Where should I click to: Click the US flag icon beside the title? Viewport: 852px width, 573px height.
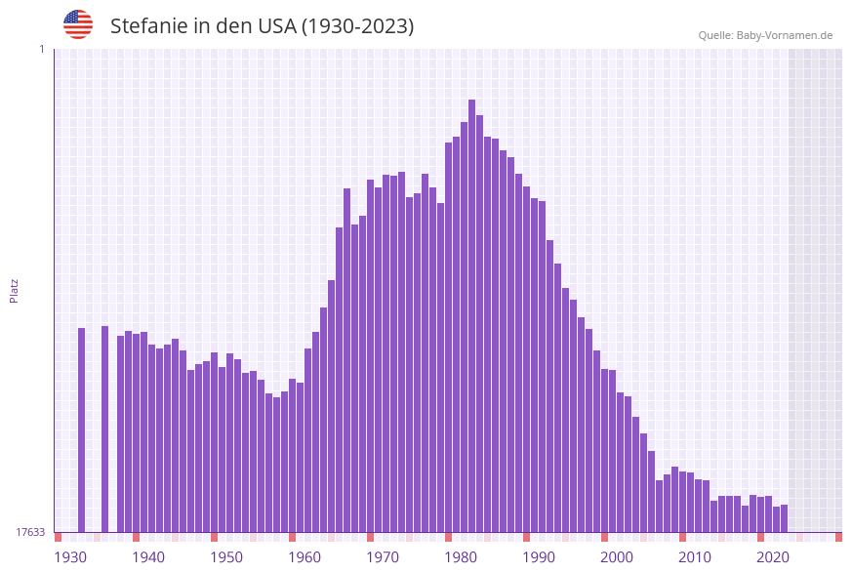(78, 24)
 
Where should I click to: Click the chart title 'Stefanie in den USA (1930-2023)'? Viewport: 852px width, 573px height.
(262, 26)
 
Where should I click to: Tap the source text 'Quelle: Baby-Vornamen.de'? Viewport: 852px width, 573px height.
(765, 35)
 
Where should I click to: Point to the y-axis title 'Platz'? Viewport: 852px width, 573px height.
(14, 290)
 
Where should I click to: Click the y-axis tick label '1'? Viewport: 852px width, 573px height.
(41, 49)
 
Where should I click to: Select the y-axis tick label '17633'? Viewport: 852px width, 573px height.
(30, 532)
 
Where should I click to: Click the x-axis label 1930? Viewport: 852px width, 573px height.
(69, 557)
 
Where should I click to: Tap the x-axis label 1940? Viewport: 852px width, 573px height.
(148, 557)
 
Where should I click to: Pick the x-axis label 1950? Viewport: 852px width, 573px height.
(226, 557)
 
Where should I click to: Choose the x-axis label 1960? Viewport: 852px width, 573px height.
(304, 557)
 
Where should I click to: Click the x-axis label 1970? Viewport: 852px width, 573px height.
(383, 557)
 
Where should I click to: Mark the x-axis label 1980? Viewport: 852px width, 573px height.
(461, 557)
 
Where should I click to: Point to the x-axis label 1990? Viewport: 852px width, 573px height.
(539, 557)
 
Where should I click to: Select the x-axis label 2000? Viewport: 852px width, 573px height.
(617, 557)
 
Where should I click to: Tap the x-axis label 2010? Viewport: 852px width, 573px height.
(695, 557)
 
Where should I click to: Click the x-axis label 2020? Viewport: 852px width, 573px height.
(773, 557)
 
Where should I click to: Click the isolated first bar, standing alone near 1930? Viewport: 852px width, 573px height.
(81, 430)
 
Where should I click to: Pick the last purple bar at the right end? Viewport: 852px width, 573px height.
(784, 518)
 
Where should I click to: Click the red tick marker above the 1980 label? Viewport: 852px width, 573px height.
(448, 537)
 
